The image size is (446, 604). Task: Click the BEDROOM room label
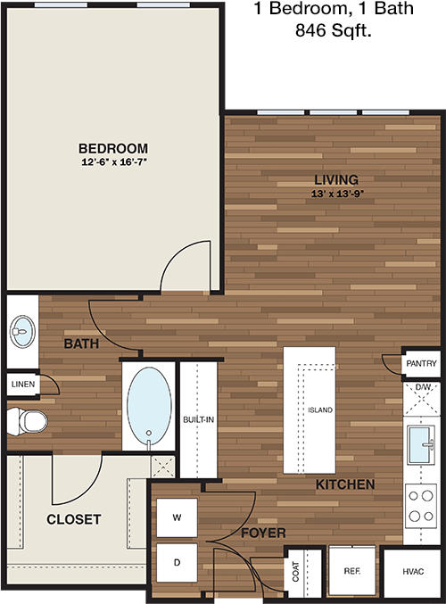click(x=113, y=148)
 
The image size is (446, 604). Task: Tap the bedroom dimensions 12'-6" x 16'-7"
click(x=114, y=162)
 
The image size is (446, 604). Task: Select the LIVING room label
click(x=336, y=179)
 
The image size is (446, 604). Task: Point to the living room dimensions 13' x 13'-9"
click(x=338, y=194)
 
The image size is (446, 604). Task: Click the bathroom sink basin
click(x=22, y=332)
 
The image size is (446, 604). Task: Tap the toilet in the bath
click(x=27, y=422)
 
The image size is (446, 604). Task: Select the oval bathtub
click(x=150, y=406)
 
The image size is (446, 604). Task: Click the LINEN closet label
click(x=23, y=384)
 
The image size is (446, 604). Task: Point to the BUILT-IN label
click(x=198, y=419)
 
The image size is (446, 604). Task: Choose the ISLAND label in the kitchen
click(x=320, y=410)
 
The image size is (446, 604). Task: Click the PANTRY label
click(x=421, y=363)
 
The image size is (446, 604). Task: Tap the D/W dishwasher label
click(x=423, y=387)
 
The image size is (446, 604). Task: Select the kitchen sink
click(x=421, y=445)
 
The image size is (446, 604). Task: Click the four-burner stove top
click(x=421, y=506)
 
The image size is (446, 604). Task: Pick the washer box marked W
click(x=177, y=517)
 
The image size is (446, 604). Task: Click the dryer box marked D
click(x=177, y=563)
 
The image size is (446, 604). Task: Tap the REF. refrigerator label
click(x=352, y=571)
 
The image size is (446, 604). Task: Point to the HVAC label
click(x=413, y=572)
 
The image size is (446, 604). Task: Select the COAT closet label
click(x=295, y=571)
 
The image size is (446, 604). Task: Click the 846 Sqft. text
click(x=334, y=30)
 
